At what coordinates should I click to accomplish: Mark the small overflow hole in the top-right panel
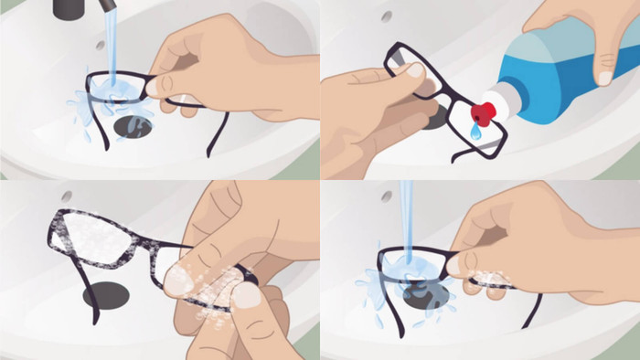pos(387,16)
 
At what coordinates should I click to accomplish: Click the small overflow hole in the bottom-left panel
pos(67,196)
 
